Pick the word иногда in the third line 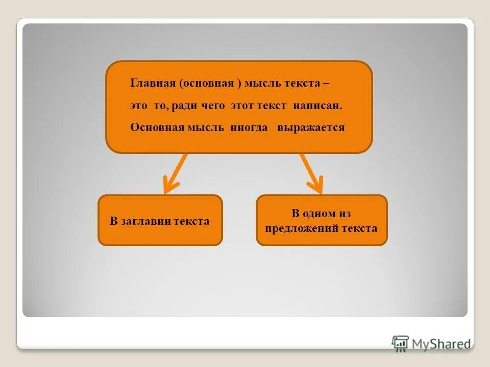point(249,127)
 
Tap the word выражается point(311,127)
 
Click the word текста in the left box point(191,221)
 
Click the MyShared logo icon point(400,344)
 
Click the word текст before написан point(275,106)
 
